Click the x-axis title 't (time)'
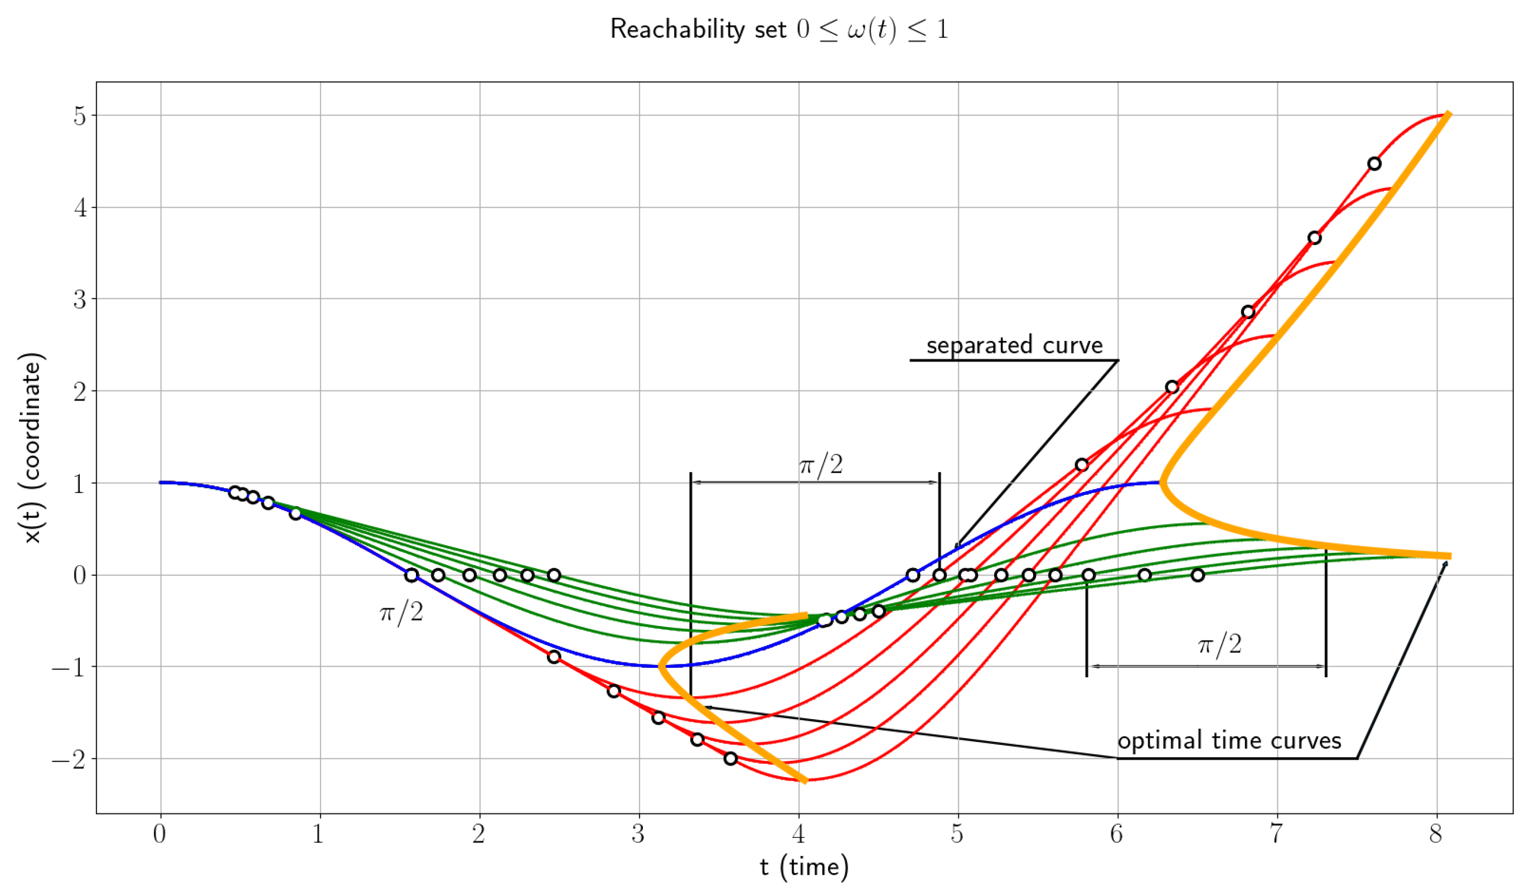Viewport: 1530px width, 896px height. pos(804,868)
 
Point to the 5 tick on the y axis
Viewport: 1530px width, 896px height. pos(80,115)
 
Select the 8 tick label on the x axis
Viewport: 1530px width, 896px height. pos(1435,834)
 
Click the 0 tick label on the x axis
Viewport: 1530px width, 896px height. pos(159,834)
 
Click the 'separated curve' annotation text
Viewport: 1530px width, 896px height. pos(1014,345)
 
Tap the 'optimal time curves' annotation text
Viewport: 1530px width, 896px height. pos(1229,740)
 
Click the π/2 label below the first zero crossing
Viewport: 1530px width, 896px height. pos(401,613)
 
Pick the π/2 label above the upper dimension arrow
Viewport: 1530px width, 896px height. pos(821,465)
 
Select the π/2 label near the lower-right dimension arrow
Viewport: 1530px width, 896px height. pos(1219,644)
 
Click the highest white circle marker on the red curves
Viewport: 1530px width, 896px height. pos(1374,163)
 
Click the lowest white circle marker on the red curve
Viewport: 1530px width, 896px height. pos(730,758)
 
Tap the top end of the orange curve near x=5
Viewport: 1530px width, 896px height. pos(1449,114)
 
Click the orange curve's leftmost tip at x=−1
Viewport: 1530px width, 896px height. pos(660,666)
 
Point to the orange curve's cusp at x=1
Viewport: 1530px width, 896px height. pos(1161,483)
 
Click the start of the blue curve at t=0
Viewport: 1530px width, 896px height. pos(161,483)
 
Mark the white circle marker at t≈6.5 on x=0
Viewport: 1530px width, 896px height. pos(1197,575)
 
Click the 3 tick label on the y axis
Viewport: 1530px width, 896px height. pos(80,300)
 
